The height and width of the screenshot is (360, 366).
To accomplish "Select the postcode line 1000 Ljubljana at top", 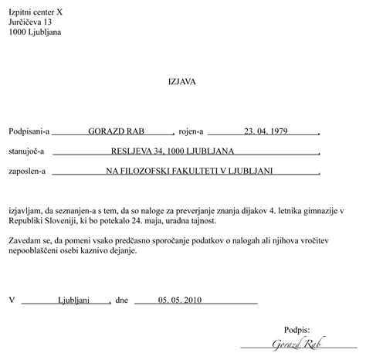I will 36,32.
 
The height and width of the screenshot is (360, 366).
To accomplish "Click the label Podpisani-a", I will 29,131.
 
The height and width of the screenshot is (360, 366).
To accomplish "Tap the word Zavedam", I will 26,242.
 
